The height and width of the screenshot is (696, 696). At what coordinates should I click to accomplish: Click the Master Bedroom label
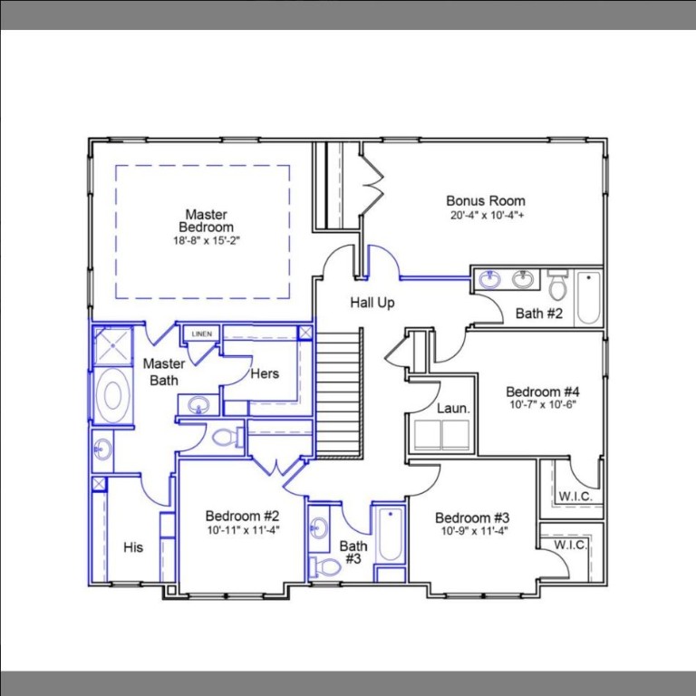(x=206, y=220)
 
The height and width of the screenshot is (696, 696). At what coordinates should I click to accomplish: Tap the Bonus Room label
(x=485, y=200)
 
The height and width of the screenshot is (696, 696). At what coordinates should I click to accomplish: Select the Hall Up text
(x=372, y=303)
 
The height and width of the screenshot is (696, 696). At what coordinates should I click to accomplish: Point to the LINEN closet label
(x=201, y=334)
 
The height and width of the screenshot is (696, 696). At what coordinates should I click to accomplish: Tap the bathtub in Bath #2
(x=588, y=297)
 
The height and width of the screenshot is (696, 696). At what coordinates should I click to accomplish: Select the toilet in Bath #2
(x=557, y=285)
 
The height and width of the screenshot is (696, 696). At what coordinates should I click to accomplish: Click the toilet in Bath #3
(x=327, y=566)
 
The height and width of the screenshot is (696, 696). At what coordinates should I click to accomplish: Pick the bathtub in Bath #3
(x=390, y=536)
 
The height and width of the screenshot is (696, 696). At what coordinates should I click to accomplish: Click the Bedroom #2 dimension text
(x=242, y=530)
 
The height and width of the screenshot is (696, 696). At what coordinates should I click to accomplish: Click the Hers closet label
(x=265, y=373)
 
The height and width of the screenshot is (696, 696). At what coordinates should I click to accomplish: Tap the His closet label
(x=133, y=547)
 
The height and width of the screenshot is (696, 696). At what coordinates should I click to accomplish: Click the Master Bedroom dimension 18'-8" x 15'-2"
(x=206, y=241)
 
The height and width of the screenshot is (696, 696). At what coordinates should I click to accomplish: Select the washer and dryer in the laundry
(x=441, y=435)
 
